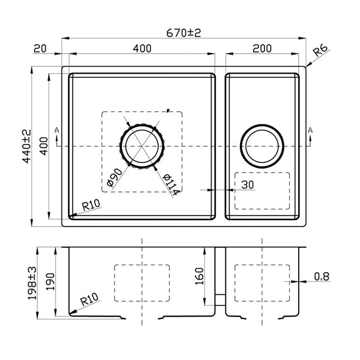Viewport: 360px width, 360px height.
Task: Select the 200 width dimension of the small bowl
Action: (262, 49)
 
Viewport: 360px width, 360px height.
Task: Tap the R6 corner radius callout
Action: (320, 52)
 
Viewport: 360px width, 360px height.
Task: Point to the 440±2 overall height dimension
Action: (26, 146)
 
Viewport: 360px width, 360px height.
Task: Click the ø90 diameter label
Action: (113, 176)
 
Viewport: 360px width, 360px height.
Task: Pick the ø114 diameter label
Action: (171, 184)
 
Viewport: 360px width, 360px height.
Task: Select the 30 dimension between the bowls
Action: (248, 183)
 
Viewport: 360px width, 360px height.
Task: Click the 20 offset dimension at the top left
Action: (40, 49)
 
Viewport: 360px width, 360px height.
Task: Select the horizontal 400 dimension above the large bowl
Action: (142, 49)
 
